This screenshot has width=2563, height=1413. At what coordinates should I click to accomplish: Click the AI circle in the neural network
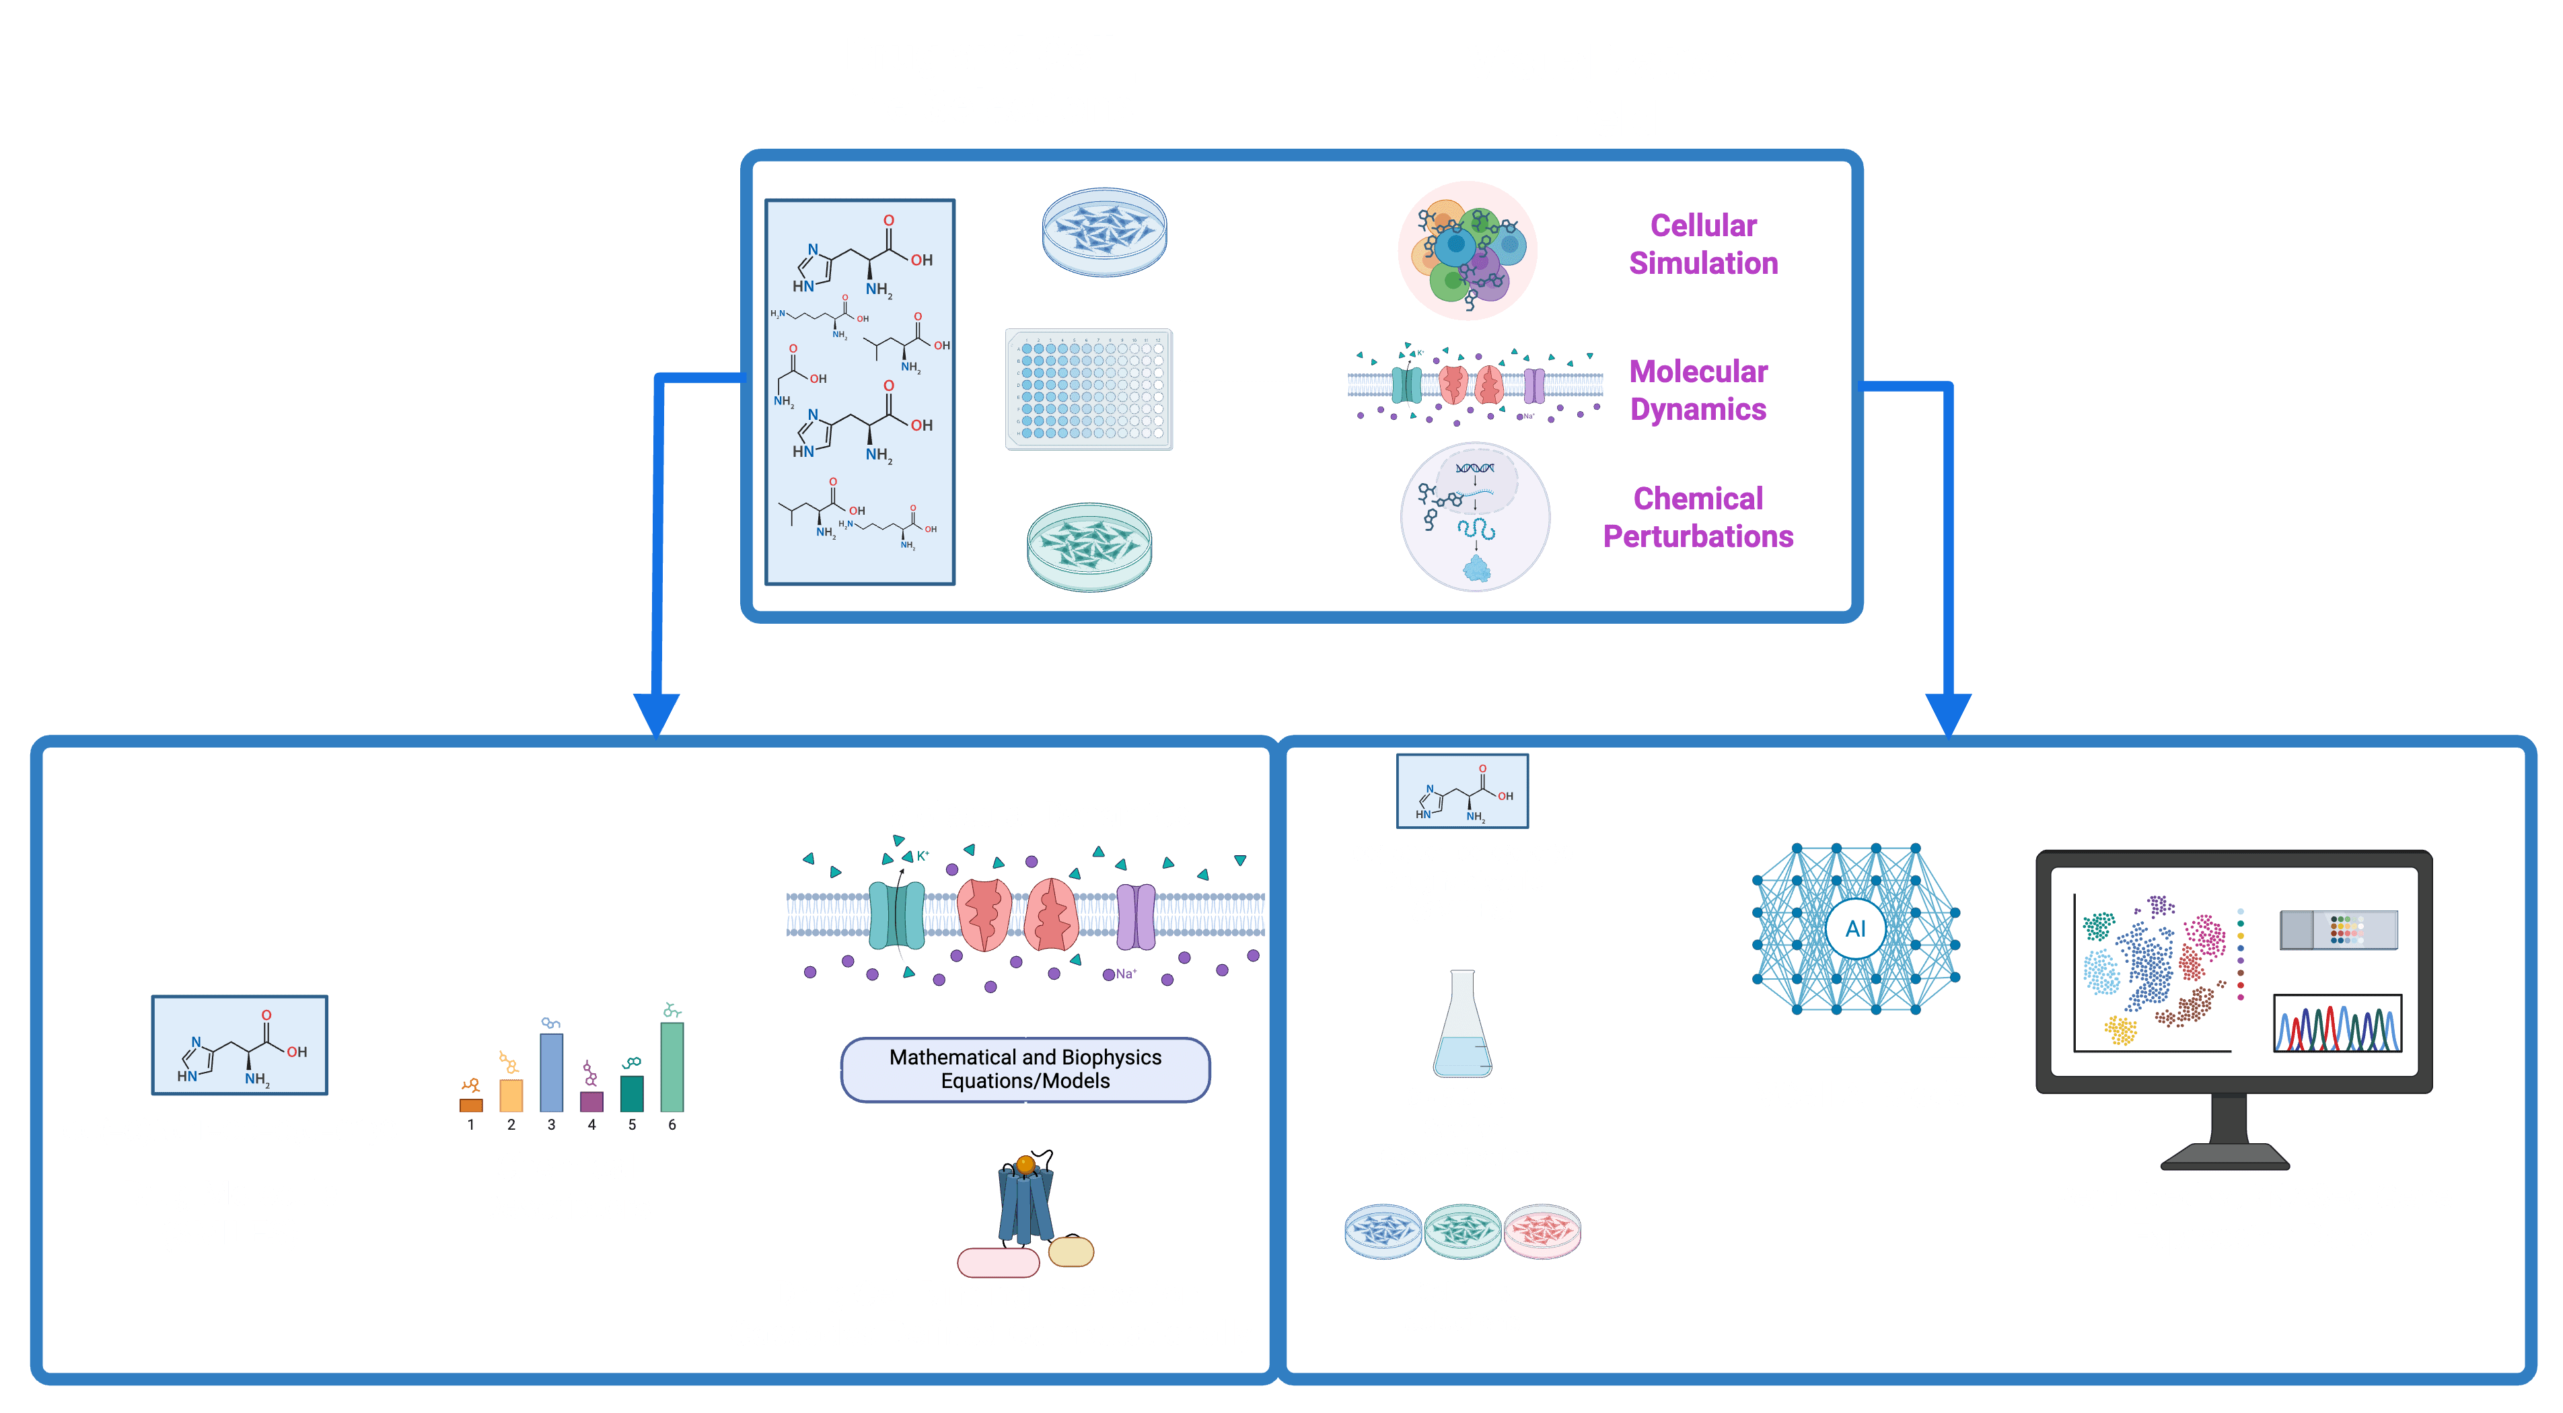tap(1854, 929)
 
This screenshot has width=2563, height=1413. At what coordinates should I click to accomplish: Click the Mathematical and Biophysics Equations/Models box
tap(1025, 1070)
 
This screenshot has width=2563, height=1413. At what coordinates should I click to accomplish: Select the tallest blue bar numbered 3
tap(551, 1072)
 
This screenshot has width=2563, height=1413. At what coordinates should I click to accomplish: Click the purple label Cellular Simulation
tap(1703, 244)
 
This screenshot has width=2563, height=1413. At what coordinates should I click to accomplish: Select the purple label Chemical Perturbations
tap(1698, 517)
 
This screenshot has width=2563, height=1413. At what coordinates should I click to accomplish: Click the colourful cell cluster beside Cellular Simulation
tap(1468, 251)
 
